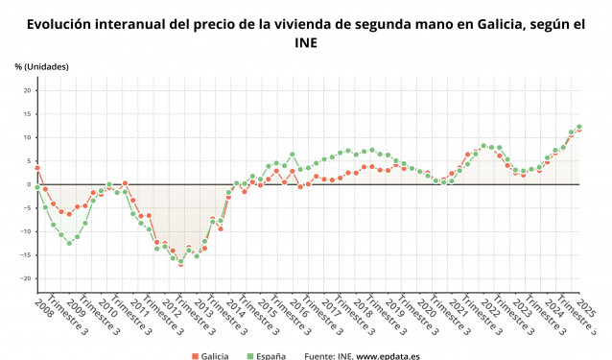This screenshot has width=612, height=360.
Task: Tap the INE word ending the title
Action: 306,42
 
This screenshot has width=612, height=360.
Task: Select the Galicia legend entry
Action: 214,355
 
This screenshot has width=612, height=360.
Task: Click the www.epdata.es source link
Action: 396,355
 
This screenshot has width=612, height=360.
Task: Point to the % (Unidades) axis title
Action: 41,65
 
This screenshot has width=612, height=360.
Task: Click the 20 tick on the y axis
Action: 28,90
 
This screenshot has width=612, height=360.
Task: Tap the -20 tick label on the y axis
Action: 27,278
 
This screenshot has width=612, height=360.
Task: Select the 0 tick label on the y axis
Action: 31,184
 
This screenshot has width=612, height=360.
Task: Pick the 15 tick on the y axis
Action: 28,113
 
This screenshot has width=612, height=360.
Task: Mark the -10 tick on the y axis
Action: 27,231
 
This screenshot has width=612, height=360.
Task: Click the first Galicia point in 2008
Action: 37,168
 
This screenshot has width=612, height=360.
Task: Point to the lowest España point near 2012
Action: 180,261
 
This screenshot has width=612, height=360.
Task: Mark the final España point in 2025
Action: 578,127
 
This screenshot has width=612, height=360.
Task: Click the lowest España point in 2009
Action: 69,243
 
